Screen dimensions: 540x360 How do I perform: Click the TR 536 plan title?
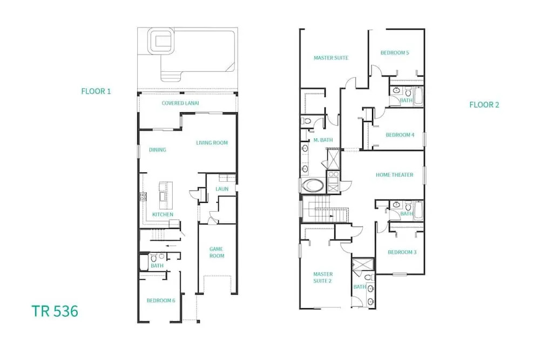[x=55, y=311]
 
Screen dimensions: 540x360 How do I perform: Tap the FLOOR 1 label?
[x=96, y=91]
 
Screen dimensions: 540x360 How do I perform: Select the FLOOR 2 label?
[x=484, y=105]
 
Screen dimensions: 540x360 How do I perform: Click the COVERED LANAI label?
[x=180, y=103]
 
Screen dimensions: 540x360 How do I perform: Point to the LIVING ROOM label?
[x=212, y=142]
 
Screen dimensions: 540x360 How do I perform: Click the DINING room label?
[x=157, y=150]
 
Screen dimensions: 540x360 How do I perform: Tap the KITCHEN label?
[x=163, y=214]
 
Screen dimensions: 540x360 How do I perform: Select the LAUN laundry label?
[x=222, y=189]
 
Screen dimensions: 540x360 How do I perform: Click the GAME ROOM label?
[x=217, y=252]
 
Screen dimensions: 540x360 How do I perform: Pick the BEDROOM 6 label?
[x=161, y=301]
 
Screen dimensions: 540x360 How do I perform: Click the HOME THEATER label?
[x=394, y=175]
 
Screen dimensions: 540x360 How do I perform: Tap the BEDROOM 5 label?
[x=395, y=53]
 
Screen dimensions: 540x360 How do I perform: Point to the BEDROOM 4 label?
[x=400, y=135]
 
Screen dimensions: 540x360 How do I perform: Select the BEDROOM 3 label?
[x=402, y=252]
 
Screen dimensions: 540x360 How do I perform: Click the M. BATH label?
[x=323, y=140]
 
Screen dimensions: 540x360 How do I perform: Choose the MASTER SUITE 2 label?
[x=323, y=277]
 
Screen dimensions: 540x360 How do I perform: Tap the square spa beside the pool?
[x=161, y=42]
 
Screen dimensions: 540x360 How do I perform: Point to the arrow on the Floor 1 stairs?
[x=171, y=246]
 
